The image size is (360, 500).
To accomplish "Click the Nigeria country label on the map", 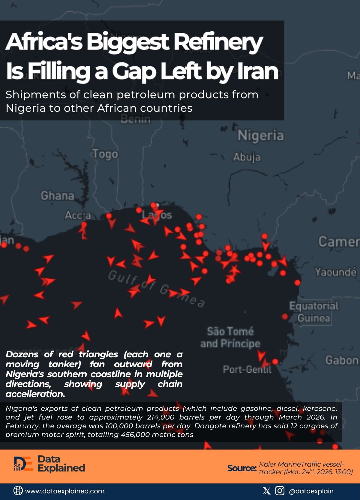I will (x=260, y=135).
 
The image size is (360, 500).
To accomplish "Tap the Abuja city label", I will (x=247, y=157).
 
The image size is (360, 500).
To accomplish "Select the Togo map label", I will (x=105, y=154).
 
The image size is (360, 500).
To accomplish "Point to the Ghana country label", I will (x=57, y=196).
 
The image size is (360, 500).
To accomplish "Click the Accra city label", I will (x=78, y=215).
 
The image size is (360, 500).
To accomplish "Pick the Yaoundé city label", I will (x=335, y=272).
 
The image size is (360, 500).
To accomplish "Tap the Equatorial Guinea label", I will (x=314, y=312).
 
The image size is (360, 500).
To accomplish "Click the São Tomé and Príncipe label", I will (x=230, y=337).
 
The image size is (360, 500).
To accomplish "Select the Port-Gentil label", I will (x=247, y=369).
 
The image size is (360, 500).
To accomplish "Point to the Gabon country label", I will (x=342, y=360).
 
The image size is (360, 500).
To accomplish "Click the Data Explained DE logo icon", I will (x=23, y=464).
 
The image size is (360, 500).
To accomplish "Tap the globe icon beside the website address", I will (x=18, y=491).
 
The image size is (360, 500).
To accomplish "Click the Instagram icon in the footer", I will (x=280, y=491).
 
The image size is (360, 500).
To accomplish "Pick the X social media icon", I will (x=266, y=491).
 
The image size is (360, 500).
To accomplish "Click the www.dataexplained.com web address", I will (x=65, y=491).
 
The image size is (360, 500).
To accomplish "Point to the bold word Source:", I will (x=241, y=468).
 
